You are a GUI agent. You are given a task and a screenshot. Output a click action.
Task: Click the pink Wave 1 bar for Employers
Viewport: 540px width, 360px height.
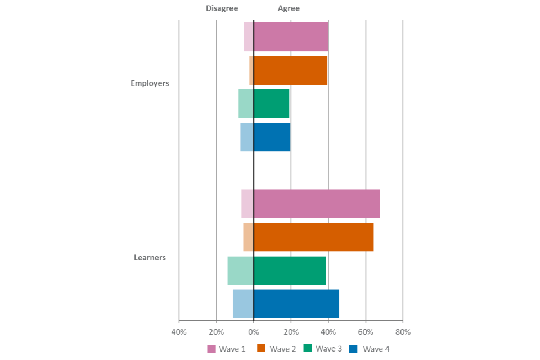pos(286,37)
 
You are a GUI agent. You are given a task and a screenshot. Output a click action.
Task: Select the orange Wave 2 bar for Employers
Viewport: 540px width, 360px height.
pos(289,70)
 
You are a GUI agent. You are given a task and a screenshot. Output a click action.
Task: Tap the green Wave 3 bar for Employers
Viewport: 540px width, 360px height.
pos(264,103)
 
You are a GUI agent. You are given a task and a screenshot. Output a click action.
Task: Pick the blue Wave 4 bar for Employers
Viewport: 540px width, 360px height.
pos(265,137)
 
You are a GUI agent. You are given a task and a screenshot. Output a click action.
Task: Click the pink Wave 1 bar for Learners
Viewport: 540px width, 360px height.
pos(310,204)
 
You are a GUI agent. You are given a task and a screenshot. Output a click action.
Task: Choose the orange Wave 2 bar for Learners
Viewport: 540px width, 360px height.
pos(308,237)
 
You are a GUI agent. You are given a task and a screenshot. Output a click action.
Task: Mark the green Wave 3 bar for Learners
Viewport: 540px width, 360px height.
pos(277,271)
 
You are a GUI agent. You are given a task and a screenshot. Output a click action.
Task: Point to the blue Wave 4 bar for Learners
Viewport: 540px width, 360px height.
pos(286,304)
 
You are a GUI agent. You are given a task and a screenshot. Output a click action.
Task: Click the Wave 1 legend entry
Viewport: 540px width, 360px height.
pos(226,349)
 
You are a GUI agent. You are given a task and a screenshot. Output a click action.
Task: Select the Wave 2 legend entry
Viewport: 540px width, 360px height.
pos(276,349)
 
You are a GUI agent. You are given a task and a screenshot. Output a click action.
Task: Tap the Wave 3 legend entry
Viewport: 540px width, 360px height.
pos(322,349)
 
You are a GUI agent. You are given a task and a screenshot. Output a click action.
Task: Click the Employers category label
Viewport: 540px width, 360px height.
pos(150,83)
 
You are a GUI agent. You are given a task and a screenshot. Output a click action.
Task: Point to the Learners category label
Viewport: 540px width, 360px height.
pos(150,258)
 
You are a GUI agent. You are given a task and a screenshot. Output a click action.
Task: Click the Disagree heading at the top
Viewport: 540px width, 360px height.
pos(222,8)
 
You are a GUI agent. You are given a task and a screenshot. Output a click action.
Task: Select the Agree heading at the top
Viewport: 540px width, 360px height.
pos(289,8)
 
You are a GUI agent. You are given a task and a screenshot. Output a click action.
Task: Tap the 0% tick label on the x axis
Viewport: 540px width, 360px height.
pos(254,332)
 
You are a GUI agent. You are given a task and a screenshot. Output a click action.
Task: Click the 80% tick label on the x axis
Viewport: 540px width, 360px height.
pos(403,332)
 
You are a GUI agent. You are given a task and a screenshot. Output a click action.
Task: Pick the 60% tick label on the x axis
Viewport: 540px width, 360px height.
pos(366,332)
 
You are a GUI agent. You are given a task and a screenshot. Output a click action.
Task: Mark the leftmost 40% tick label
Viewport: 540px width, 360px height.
pos(179,332)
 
